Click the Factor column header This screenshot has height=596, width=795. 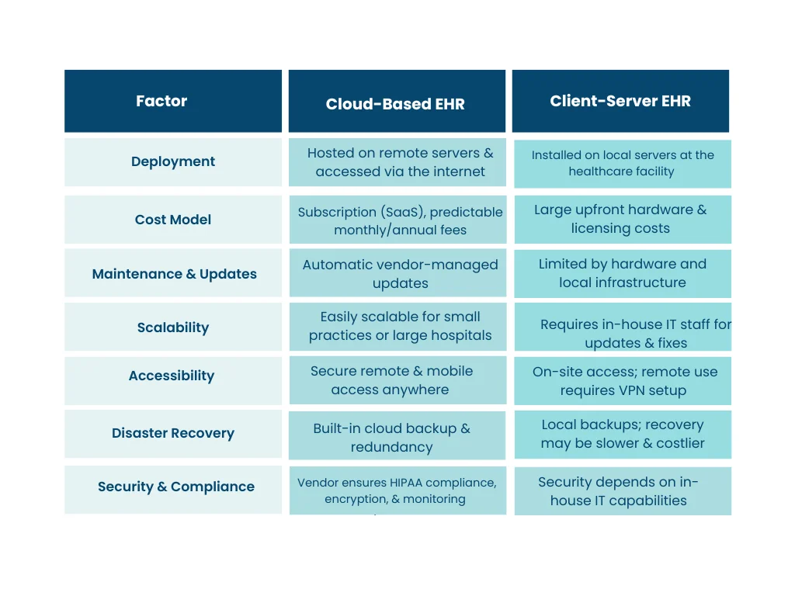point(161,101)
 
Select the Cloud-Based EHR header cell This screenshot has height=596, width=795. point(395,104)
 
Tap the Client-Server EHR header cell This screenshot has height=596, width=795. point(620,101)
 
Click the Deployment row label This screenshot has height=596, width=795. point(173,161)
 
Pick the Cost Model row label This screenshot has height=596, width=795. point(173,220)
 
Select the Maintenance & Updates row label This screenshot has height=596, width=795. point(174,274)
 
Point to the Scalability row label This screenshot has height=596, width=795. point(173,327)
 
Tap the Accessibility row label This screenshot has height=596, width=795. point(172,376)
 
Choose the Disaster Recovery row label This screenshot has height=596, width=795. point(173,433)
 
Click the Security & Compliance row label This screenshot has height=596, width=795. point(176,487)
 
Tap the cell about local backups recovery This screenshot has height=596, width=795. point(623,434)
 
